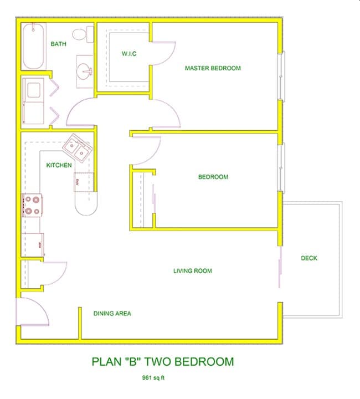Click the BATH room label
(59, 44)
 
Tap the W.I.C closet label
(129, 54)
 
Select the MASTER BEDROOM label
(213, 68)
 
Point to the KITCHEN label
(59, 165)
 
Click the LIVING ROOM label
(192, 271)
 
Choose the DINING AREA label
(112, 314)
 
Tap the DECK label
(309, 258)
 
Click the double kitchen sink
(76, 148)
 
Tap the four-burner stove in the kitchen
(32, 205)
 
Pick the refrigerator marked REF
(33, 244)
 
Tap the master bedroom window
(282, 76)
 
